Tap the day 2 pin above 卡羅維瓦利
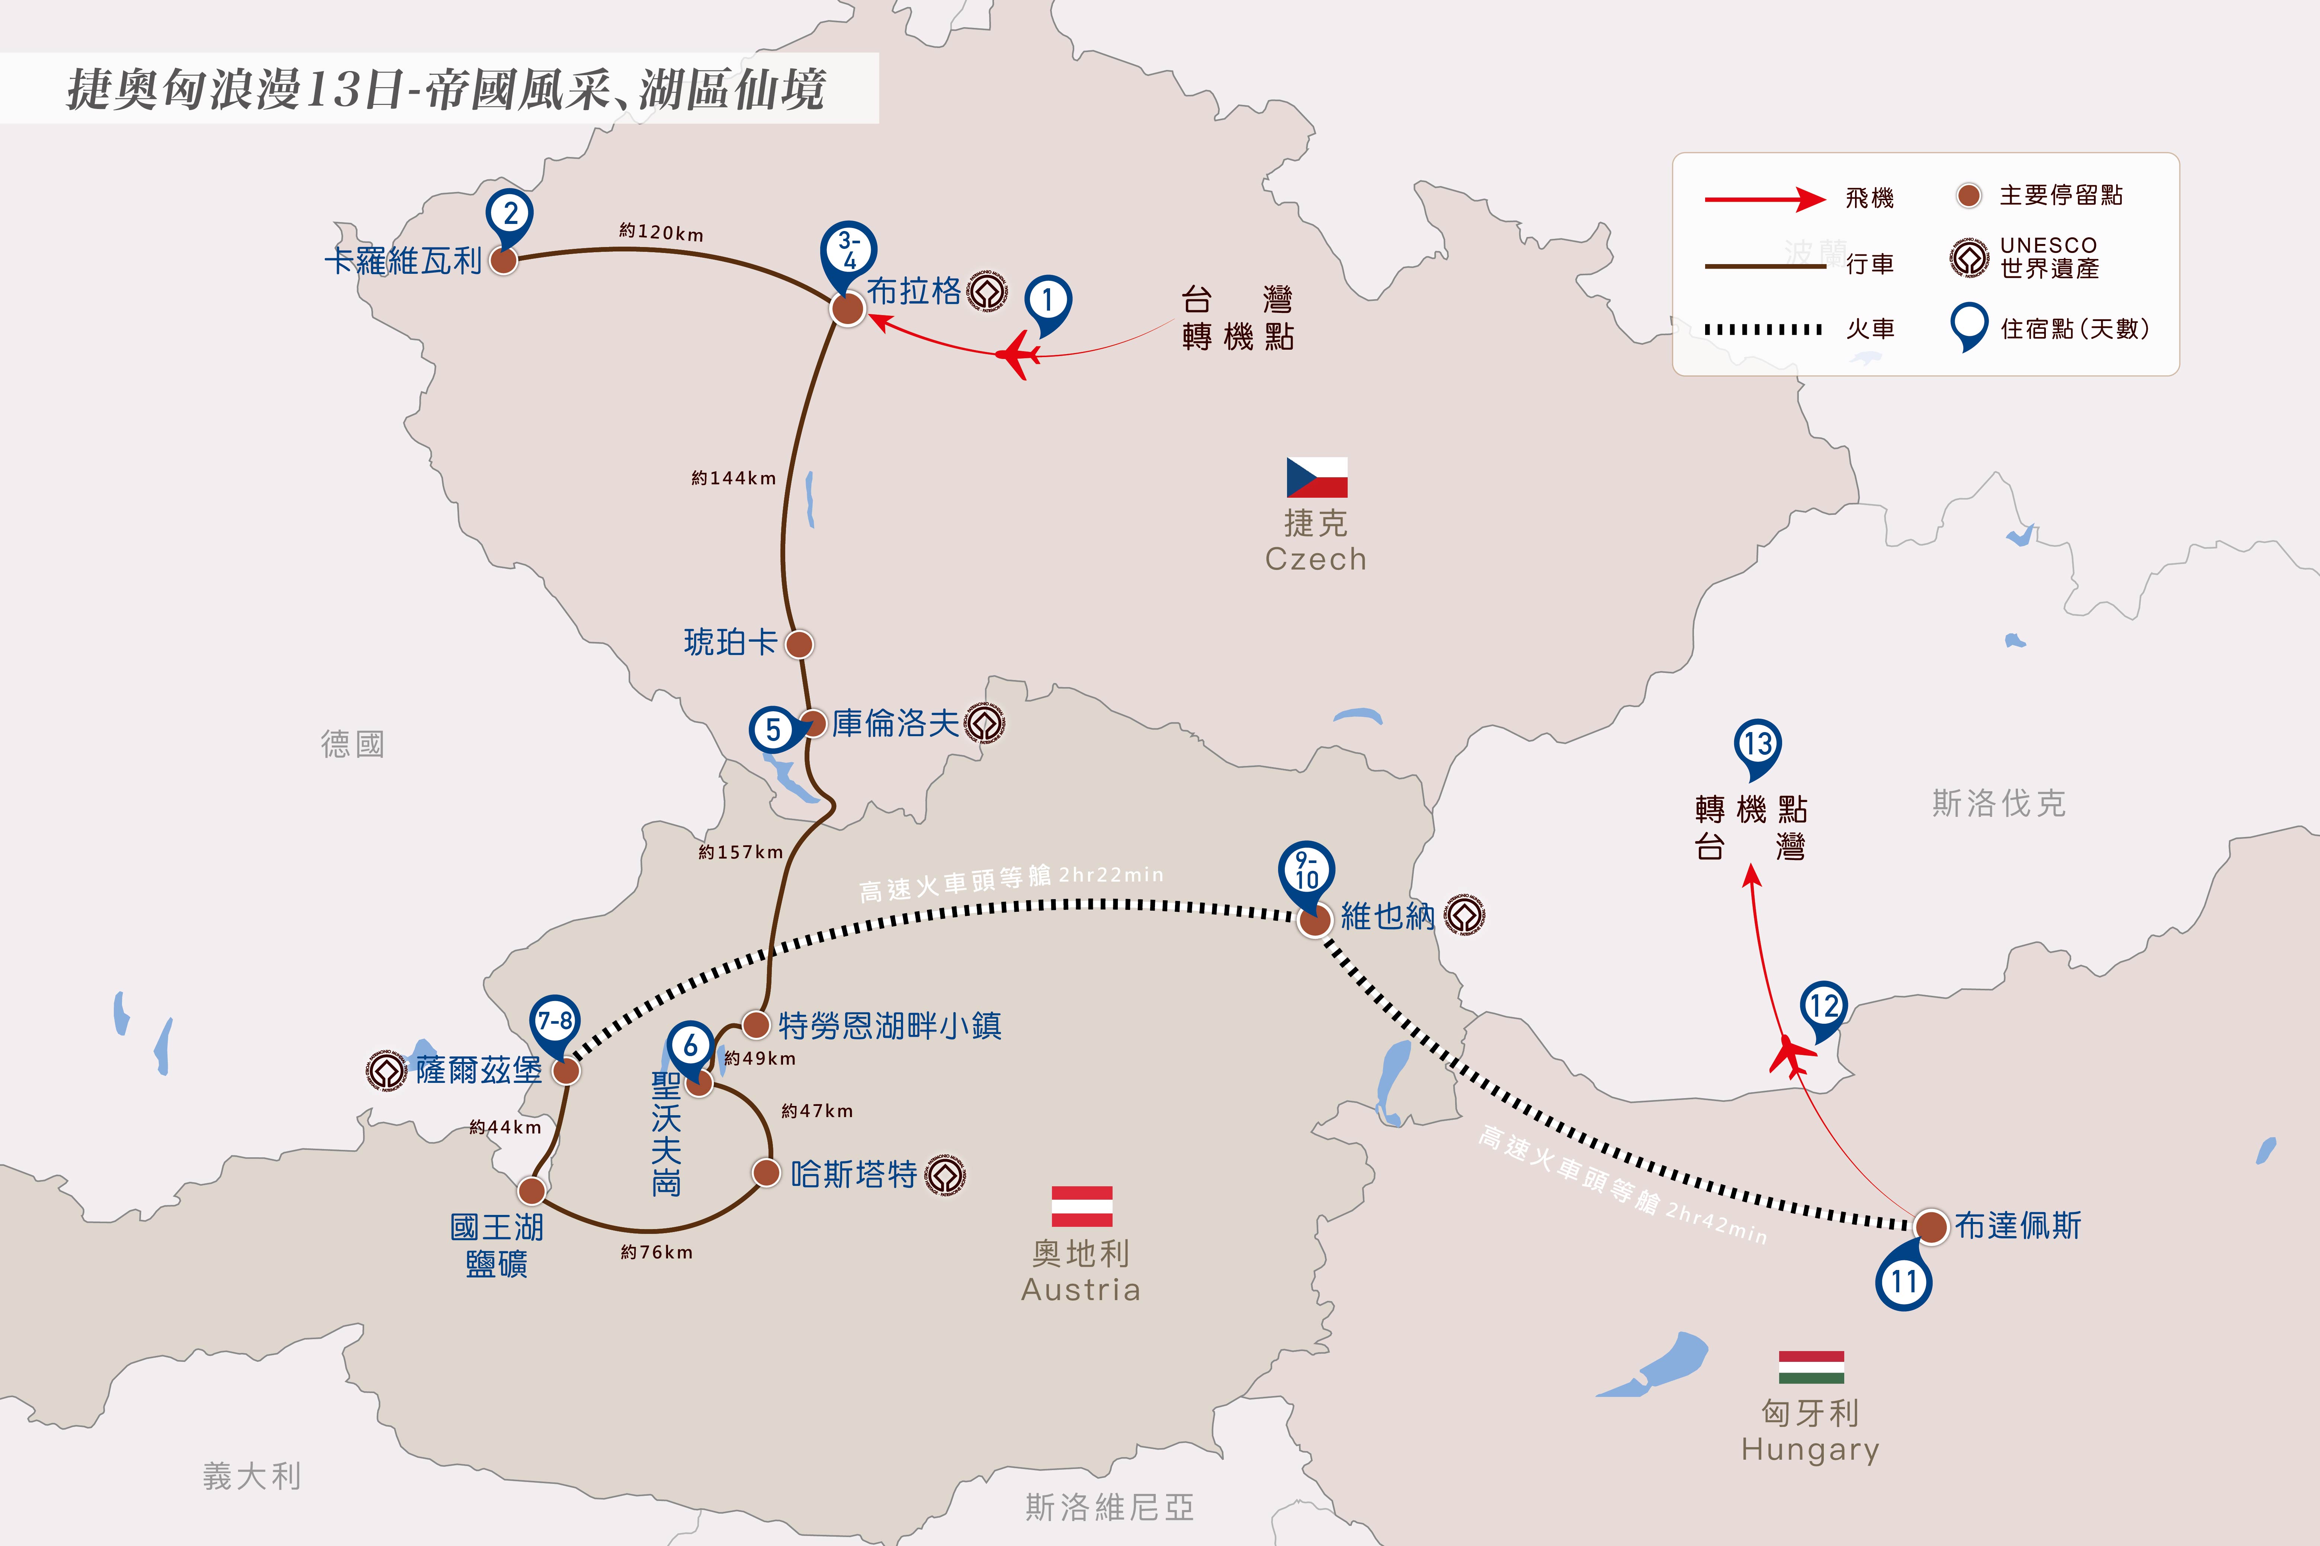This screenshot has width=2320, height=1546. pos(510,217)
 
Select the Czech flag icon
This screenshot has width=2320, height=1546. pos(1316,477)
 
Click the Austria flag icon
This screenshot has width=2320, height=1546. pos(1082,1206)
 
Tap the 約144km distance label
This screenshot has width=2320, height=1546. pos(734,478)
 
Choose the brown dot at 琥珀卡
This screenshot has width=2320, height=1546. pos(799,644)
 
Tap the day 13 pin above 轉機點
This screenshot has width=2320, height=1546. pos(1757,749)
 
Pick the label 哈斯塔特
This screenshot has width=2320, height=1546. pos(854,1174)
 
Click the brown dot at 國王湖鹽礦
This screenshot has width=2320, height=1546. pos(532,1191)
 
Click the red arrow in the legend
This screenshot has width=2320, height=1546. pos(1765,199)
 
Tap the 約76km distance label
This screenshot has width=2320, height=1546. pos(657,1252)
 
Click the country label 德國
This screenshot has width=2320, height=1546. pos(352,744)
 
